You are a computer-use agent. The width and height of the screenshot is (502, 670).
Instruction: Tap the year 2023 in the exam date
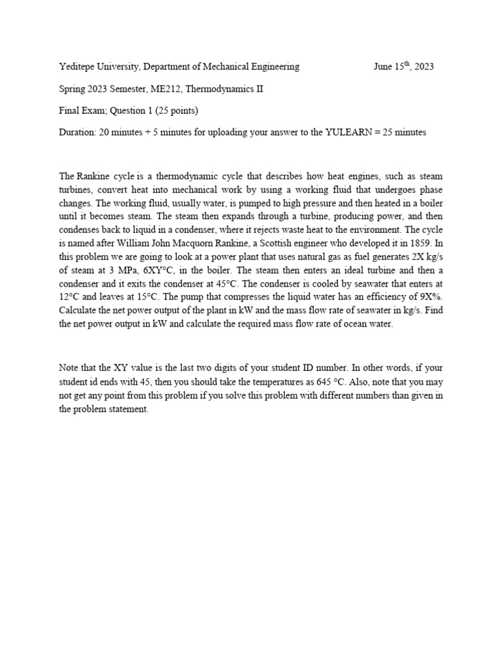[422, 66]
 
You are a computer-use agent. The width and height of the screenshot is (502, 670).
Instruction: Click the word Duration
[77, 132]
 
